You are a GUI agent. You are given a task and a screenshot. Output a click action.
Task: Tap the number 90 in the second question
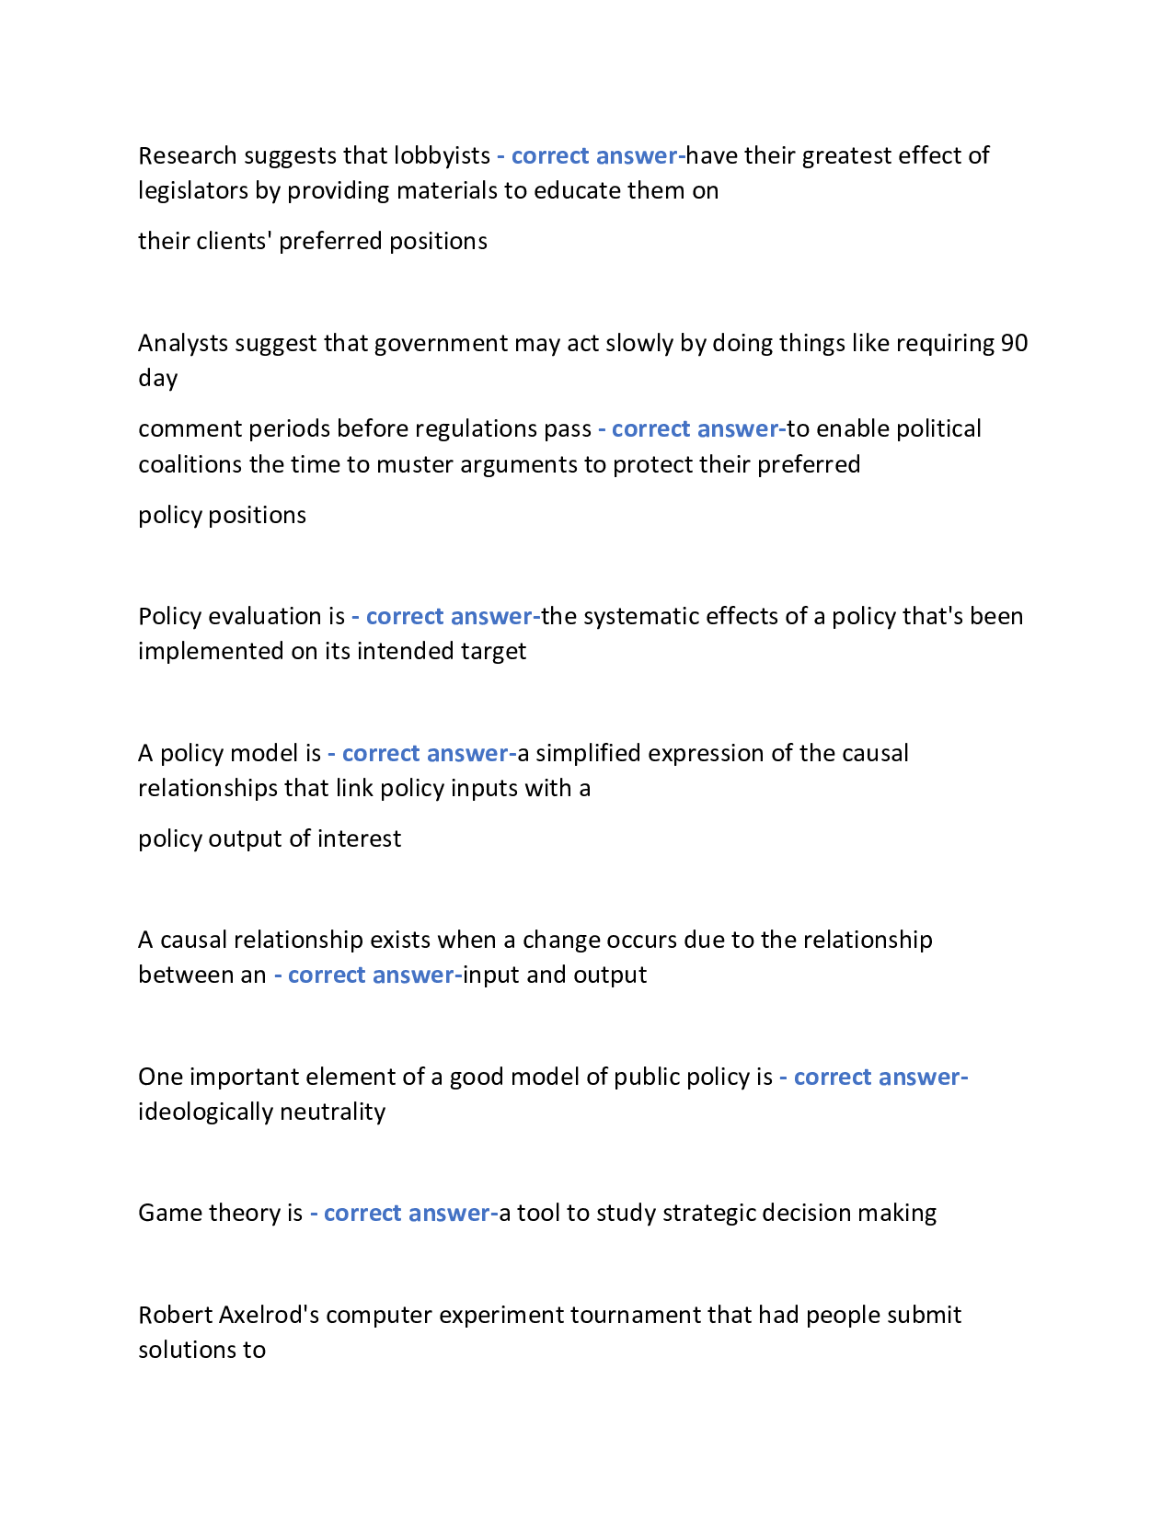pos(1014,343)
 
